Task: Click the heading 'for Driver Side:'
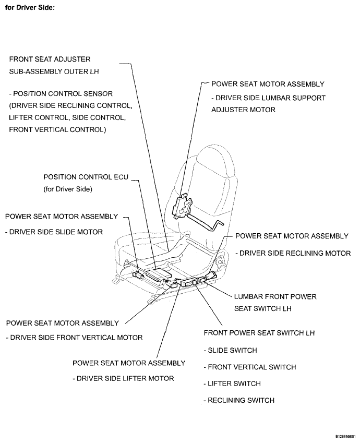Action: pyautogui.click(x=30, y=9)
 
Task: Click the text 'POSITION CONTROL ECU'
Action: pyautogui.click(x=86, y=177)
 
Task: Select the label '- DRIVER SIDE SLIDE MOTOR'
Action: pyautogui.click(x=54, y=231)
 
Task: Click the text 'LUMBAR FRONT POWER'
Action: pyautogui.click(x=275, y=296)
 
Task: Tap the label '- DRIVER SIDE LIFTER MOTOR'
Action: pyautogui.click(x=123, y=378)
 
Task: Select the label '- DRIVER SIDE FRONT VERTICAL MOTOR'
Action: pyautogui.click(x=74, y=338)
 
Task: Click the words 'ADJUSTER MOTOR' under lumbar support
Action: pyautogui.click(x=243, y=110)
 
